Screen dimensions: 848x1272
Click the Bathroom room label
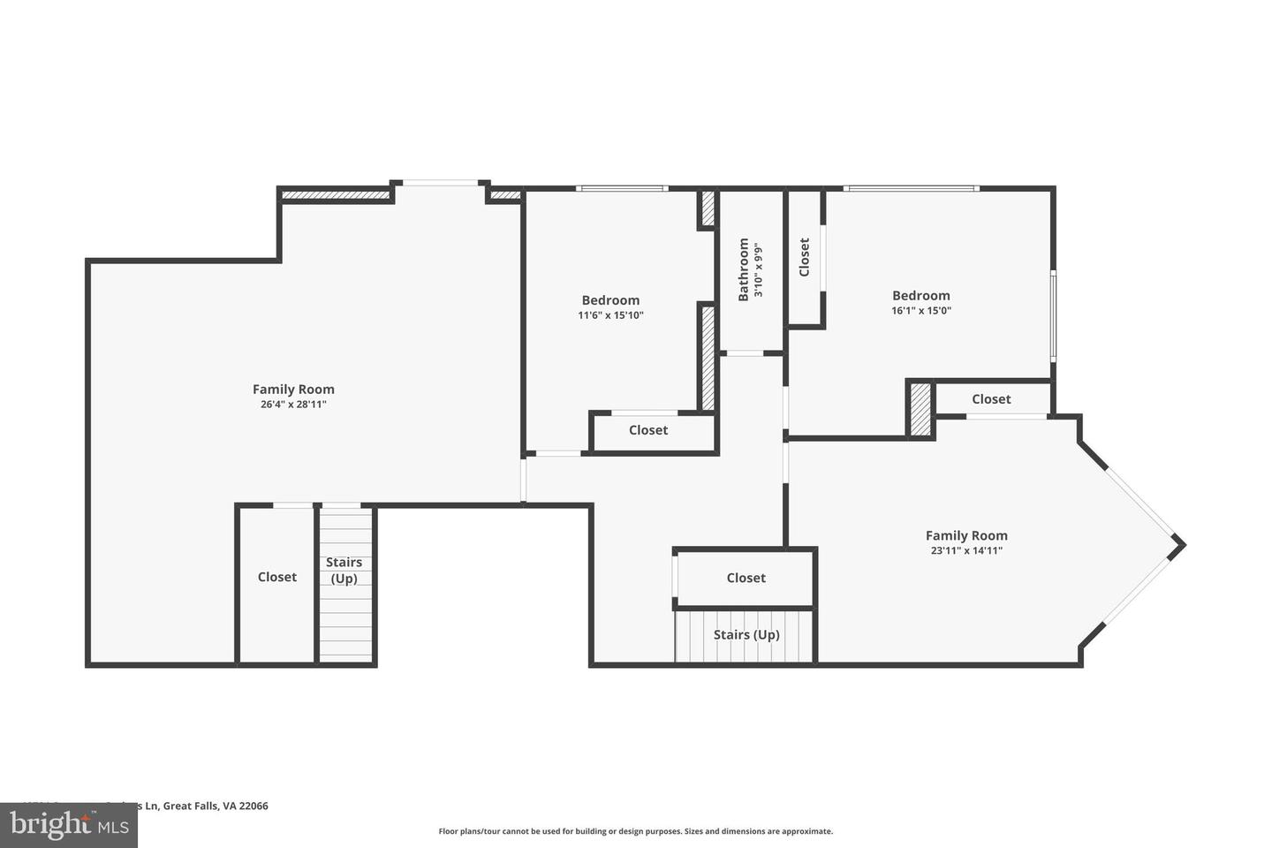(x=744, y=269)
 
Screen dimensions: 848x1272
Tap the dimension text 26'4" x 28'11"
(x=293, y=405)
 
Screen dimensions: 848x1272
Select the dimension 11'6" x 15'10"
(x=610, y=315)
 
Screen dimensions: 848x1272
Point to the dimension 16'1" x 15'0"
(x=921, y=311)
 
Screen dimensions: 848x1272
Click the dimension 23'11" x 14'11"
(x=966, y=550)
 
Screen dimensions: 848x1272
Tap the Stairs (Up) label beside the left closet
(x=344, y=571)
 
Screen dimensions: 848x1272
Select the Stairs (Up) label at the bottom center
(x=746, y=634)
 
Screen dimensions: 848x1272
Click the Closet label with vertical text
(x=804, y=257)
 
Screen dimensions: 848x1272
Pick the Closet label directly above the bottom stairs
(x=746, y=578)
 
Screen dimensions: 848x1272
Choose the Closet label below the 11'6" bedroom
(x=648, y=430)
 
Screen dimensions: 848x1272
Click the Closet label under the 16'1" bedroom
(x=991, y=399)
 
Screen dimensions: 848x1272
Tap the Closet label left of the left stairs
(x=277, y=577)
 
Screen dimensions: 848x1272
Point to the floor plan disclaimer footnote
(x=635, y=831)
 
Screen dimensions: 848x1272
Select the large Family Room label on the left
(x=293, y=390)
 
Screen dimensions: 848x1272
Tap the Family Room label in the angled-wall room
(x=966, y=535)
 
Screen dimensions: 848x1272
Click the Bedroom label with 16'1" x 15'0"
(x=921, y=296)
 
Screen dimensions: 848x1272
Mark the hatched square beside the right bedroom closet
(x=920, y=409)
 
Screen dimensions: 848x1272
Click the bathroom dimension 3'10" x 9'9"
(x=758, y=269)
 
